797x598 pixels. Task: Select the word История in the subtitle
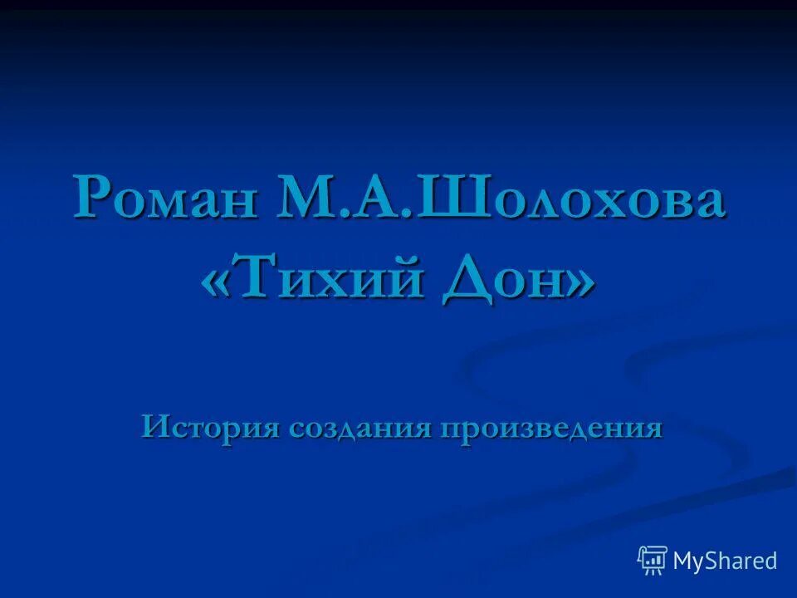click(x=209, y=427)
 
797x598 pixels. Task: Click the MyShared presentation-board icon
click(x=653, y=561)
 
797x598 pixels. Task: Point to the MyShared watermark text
click(x=725, y=561)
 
